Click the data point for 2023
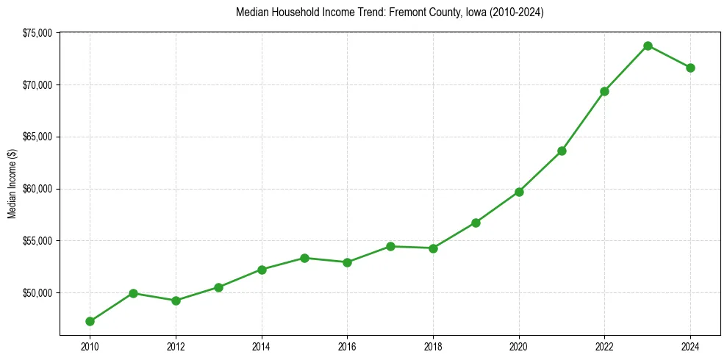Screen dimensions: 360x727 point(648,46)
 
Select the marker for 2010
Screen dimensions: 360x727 point(90,321)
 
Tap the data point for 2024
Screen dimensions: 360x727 point(690,68)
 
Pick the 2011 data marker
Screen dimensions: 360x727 point(133,293)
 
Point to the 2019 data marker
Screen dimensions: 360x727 point(476,223)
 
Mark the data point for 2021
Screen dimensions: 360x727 point(562,151)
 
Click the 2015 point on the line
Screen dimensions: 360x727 point(304,258)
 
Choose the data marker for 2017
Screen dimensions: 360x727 point(390,246)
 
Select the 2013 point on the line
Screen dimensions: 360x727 point(218,287)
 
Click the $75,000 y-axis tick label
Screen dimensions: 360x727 point(37,33)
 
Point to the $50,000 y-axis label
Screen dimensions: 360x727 point(37,293)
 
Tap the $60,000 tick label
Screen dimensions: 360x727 point(37,189)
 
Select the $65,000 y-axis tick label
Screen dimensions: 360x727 point(37,137)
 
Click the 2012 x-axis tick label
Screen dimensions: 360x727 point(176,345)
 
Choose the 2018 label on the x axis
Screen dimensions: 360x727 point(433,345)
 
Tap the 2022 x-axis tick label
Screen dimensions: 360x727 point(604,345)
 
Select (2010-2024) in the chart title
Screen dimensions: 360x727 point(515,12)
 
